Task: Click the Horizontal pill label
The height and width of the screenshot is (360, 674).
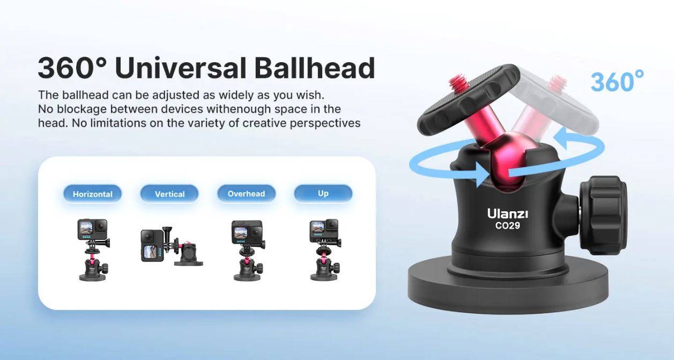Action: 92,194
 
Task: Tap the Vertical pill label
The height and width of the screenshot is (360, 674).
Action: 169,194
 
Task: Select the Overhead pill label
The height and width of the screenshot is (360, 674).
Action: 246,193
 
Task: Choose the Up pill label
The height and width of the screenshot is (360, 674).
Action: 323,193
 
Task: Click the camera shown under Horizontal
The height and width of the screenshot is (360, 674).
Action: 93,230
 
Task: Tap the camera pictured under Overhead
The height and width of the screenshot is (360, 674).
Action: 247,231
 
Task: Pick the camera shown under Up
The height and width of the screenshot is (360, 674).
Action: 324,230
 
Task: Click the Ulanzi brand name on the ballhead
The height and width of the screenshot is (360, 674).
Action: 507,214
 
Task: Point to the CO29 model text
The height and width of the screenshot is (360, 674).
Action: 507,226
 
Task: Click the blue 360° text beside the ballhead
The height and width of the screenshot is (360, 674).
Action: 617,82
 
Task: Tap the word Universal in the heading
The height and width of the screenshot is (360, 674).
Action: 180,68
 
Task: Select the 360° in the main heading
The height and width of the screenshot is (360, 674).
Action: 72,68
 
